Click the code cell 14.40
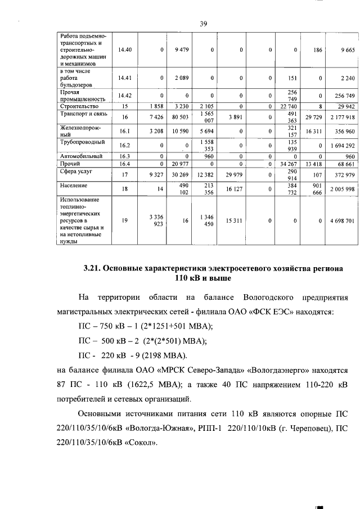point(125,50)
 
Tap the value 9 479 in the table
point(181,50)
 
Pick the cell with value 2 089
point(181,78)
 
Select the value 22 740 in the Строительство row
point(287,106)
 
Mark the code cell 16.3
point(125,156)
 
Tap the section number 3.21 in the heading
point(93,269)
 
